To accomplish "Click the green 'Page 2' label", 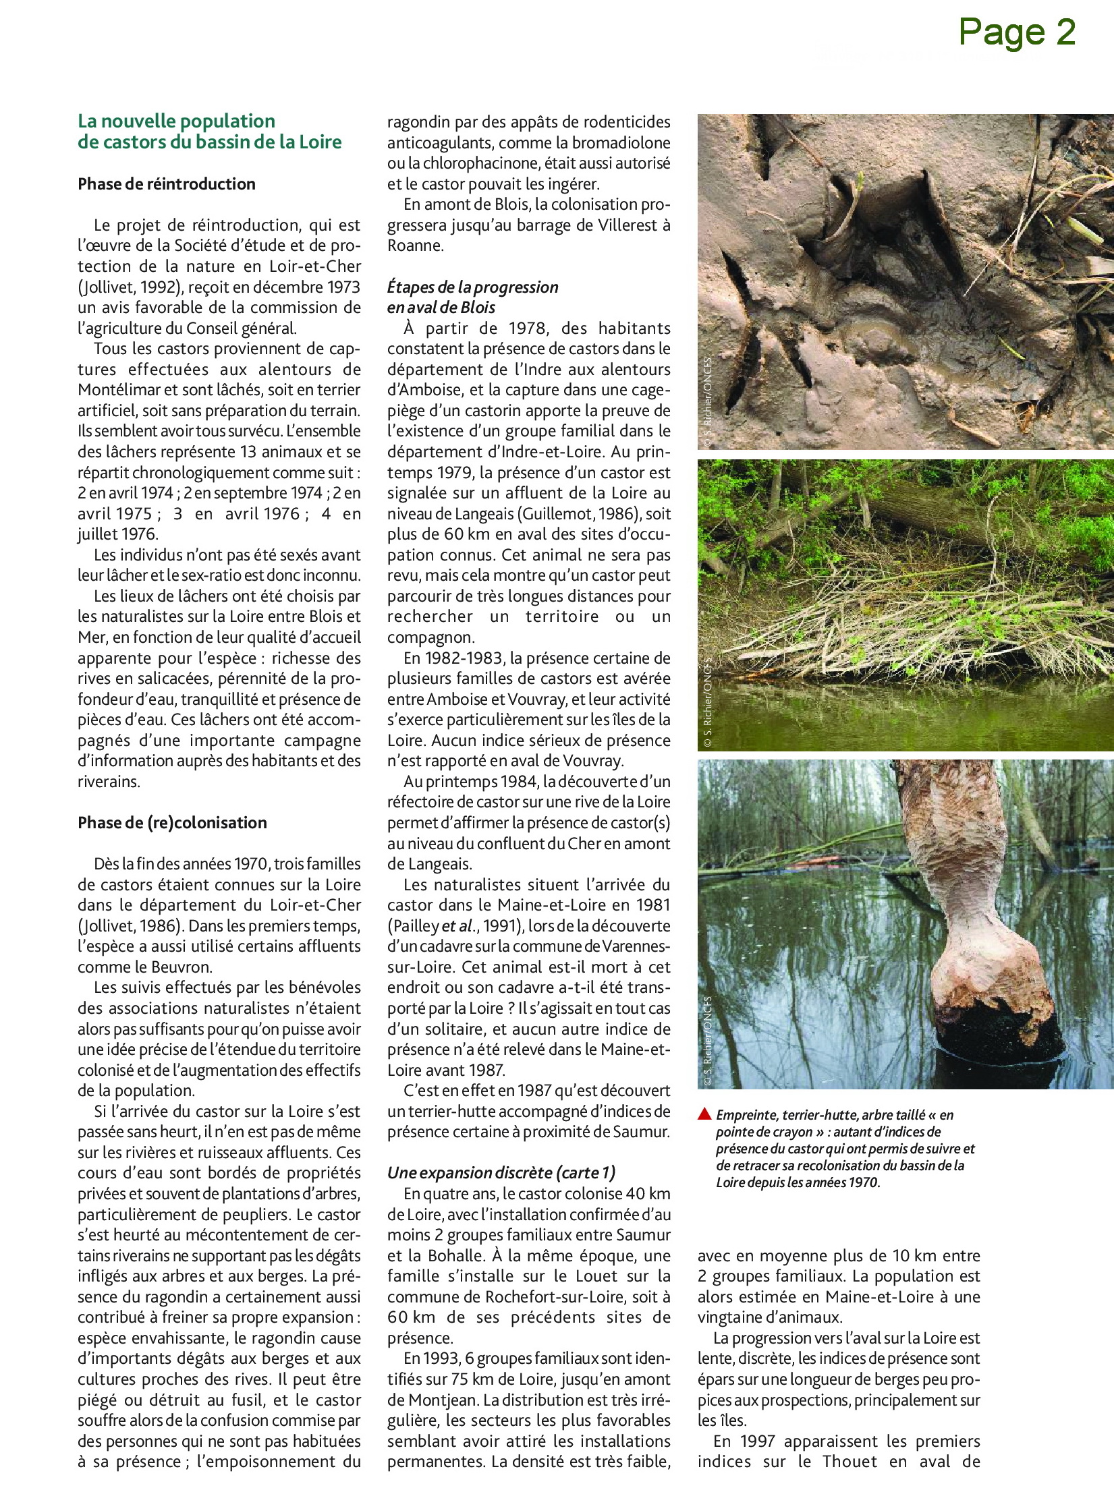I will tap(1017, 32).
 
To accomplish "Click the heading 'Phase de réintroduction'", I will tap(167, 184).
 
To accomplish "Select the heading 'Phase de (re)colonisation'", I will tap(172, 822).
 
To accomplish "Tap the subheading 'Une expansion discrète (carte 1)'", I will tap(501, 1172).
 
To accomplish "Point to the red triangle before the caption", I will tap(704, 1114).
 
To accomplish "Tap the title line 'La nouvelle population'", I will tap(177, 121).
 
